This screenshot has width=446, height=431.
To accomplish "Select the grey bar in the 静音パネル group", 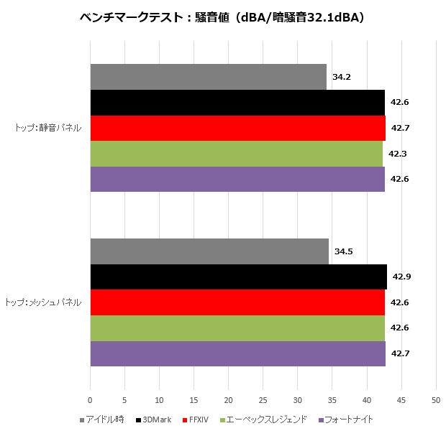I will click(x=208, y=77).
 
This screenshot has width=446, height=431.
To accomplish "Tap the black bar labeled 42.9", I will click(x=238, y=277).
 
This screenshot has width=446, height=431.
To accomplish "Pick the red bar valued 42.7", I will click(x=237, y=128).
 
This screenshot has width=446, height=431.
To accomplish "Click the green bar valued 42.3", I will click(x=236, y=154).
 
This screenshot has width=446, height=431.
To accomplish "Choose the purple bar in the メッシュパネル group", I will click(x=237, y=353).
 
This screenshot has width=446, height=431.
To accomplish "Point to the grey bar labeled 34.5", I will click(x=209, y=251).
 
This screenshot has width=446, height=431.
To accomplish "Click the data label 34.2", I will click(x=342, y=77).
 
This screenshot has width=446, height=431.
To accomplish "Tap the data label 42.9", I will click(x=401, y=277).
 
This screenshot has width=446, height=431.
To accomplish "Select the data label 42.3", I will click(x=397, y=154).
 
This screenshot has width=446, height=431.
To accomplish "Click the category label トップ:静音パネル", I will click(x=47, y=129).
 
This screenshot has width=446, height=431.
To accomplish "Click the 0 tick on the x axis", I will click(x=90, y=399).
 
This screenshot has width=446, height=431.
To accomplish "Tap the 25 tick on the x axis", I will click(x=263, y=399).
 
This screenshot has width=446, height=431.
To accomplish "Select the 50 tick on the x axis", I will click(x=436, y=399).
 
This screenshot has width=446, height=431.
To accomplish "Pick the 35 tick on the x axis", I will click(x=332, y=399).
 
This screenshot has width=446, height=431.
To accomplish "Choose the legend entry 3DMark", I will click(x=156, y=419).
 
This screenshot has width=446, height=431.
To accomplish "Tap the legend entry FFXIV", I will click(x=199, y=419).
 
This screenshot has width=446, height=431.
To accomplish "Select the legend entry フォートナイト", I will click(x=348, y=419).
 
